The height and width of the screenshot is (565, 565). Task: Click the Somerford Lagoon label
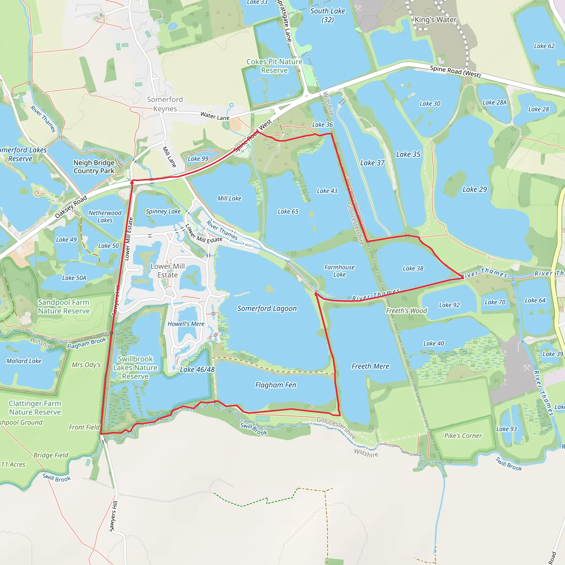(x=267, y=308)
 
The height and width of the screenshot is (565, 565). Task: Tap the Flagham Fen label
(x=276, y=385)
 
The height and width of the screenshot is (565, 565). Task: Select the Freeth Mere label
(x=370, y=366)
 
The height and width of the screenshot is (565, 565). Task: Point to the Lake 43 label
(x=327, y=191)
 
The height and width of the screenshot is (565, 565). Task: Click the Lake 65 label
(x=288, y=211)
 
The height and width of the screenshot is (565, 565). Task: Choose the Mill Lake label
(x=229, y=198)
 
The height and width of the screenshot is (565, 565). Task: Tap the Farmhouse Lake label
(x=339, y=271)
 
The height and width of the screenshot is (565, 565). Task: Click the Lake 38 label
(x=413, y=268)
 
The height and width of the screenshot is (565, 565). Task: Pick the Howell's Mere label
(x=186, y=324)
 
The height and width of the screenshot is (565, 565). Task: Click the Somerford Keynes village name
(x=165, y=104)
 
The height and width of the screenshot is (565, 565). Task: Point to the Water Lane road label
(x=215, y=116)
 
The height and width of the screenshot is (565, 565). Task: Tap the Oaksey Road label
(x=71, y=206)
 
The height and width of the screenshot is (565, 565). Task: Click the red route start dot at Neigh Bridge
(x=132, y=183)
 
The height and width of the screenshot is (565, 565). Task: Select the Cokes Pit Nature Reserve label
(x=274, y=66)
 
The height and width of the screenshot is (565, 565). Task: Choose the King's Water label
(x=435, y=20)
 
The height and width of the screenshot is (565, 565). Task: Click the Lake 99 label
(x=198, y=159)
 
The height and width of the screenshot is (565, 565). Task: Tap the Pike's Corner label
(x=463, y=435)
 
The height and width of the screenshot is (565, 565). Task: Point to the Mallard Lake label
(x=24, y=361)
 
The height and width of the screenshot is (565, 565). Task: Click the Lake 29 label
(x=474, y=190)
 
